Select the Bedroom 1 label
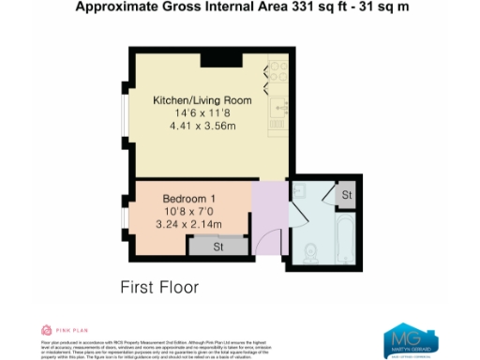point(189,199)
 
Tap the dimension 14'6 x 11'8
point(200,112)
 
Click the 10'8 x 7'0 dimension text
point(189,212)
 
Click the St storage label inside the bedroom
point(217,247)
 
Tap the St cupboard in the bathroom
point(345,195)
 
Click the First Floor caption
point(159,287)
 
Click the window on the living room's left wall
point(128,116)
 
